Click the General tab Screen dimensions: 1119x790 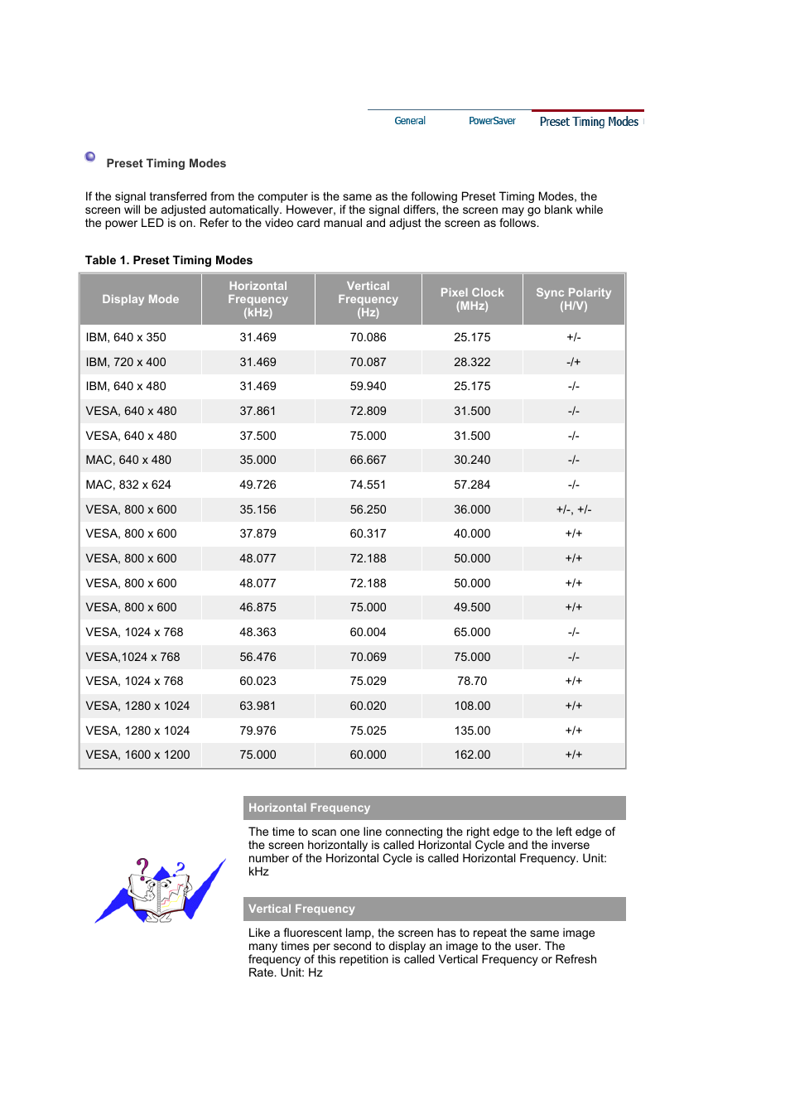[410, 121]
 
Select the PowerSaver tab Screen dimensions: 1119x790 [492, 121]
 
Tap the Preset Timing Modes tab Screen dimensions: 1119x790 [588, 122]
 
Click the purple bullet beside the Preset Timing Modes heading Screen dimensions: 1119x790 [90, 157]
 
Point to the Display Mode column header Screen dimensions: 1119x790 [140, 299]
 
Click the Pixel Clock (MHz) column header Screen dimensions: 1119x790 [472, 299]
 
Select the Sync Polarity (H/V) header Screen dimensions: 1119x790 [573, 299]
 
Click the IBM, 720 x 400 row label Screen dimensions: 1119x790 [126, 362]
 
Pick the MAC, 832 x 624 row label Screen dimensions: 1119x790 [128, 485]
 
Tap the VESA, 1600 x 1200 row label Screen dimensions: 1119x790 [137, 755]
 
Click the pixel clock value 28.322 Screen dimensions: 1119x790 [472, 362]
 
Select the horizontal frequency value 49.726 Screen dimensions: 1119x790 [258, 485]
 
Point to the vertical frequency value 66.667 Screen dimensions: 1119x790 [368, 460]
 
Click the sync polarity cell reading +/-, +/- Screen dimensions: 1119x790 [573, 509]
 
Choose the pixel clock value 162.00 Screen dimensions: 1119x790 [472, 755]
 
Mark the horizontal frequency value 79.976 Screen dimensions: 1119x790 [258, 731]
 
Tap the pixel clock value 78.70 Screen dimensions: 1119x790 [472, 681]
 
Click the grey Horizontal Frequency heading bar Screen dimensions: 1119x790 [434, 808]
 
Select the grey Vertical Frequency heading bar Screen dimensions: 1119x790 [434, 909]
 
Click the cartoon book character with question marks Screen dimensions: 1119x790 [160, 891]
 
